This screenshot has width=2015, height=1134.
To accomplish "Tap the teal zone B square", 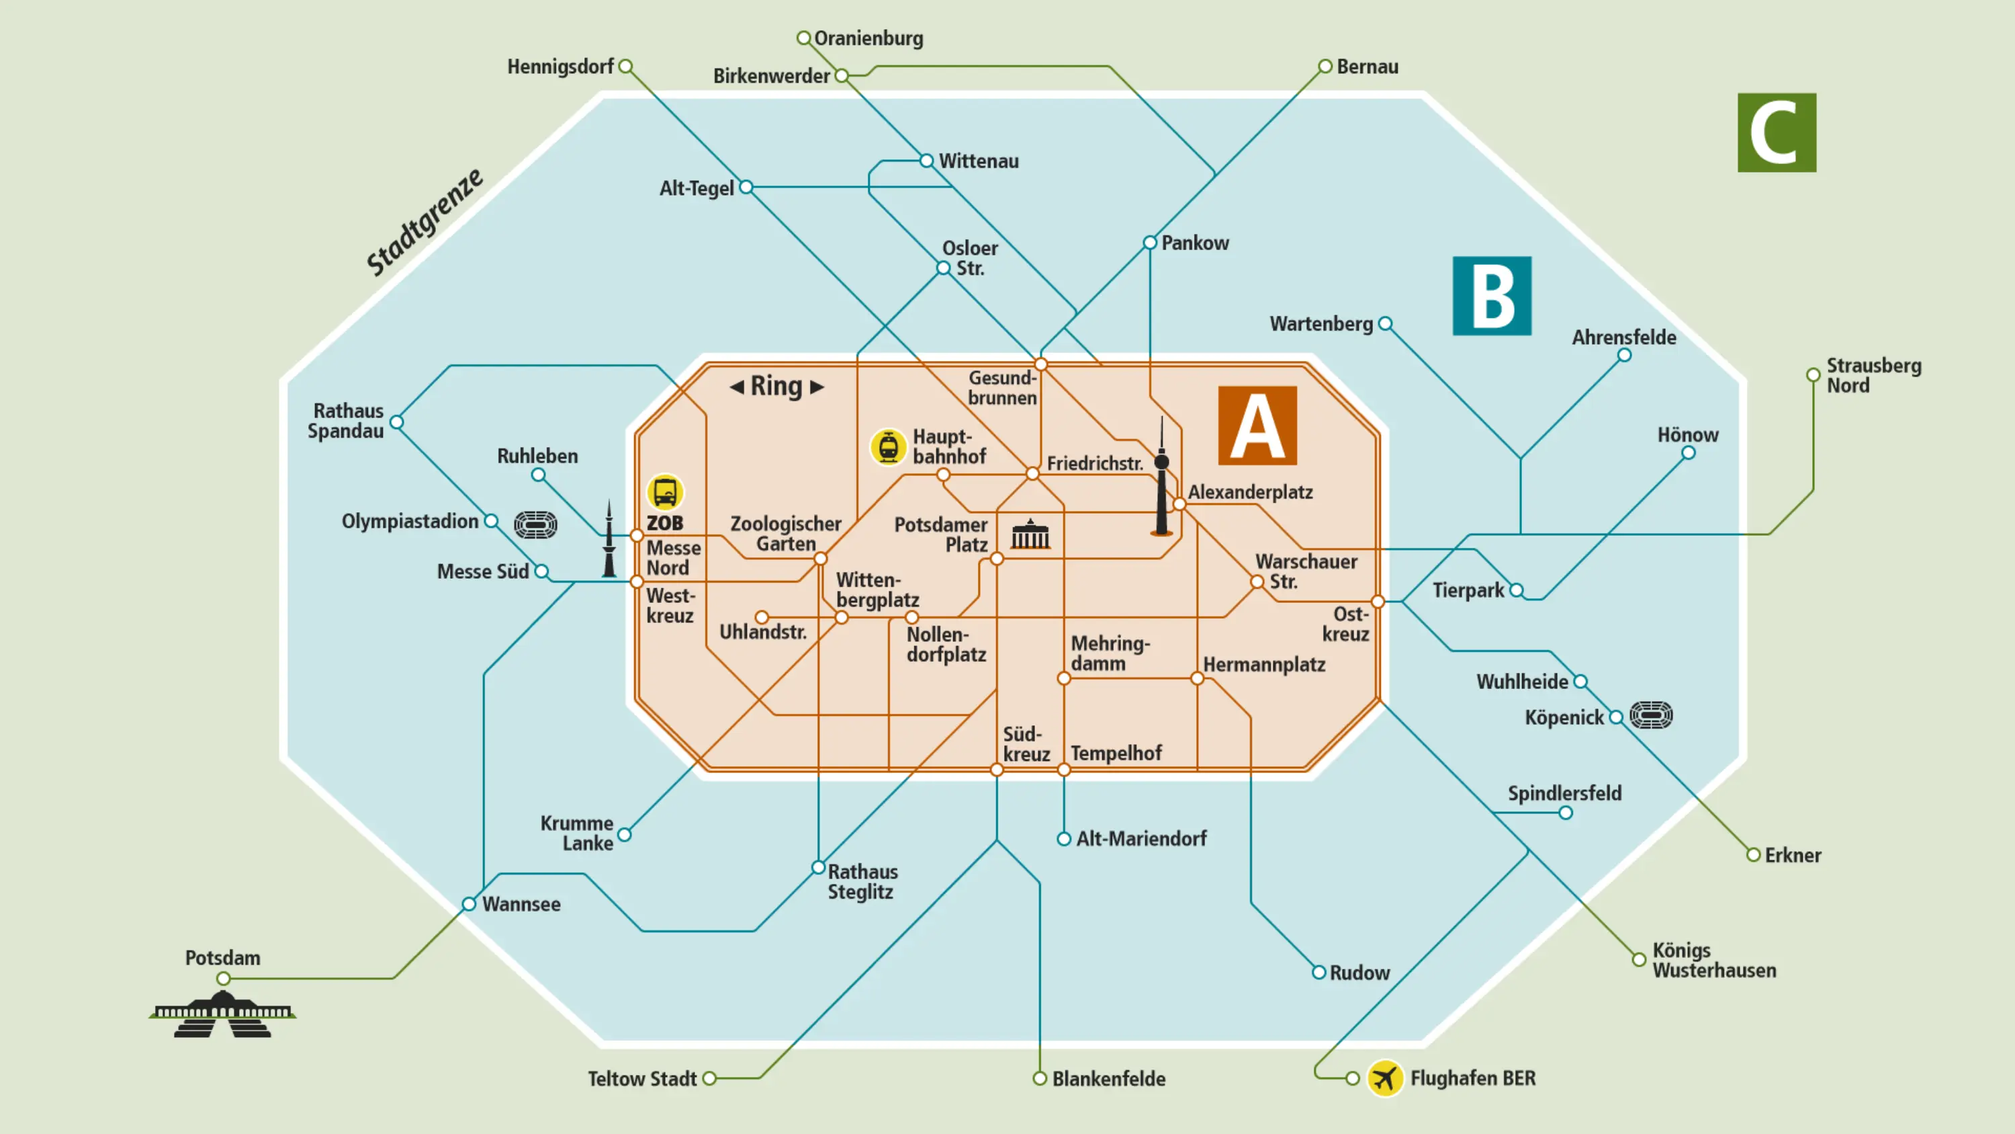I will click(x=1492, y=296).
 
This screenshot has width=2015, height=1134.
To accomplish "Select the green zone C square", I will click(x=1777, y=132).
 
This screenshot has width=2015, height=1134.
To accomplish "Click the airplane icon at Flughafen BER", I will click(x=1384, y=1078).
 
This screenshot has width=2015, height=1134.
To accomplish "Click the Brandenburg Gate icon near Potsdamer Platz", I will click(x=1030, y=534).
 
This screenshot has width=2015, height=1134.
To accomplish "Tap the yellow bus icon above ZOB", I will click(x=665, y=492).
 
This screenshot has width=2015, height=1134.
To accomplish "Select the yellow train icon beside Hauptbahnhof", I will click(x=888, y=447).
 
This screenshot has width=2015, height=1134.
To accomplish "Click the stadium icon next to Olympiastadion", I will click(x=536, y=524).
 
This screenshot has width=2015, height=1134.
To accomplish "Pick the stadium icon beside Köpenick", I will click(x=1651, y=715).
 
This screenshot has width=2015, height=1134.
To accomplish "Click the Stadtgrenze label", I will click(x=424, y=222).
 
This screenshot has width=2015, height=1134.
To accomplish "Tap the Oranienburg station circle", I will click(x=803, y=38).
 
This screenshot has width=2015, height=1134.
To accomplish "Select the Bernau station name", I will click(x=1367, y=67).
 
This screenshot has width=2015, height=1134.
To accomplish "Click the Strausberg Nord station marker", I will click(x=1813, y=375).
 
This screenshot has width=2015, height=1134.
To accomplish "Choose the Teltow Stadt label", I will click(x=641, y=1080).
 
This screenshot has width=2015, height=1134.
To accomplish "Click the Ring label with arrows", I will click(x=776, y=386).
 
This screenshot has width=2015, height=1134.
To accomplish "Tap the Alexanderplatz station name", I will click(x=1250, y=492).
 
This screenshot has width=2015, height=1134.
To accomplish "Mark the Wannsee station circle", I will click(x=469, y=904).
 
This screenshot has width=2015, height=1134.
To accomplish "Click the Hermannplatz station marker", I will click(x=1197, y=678).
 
